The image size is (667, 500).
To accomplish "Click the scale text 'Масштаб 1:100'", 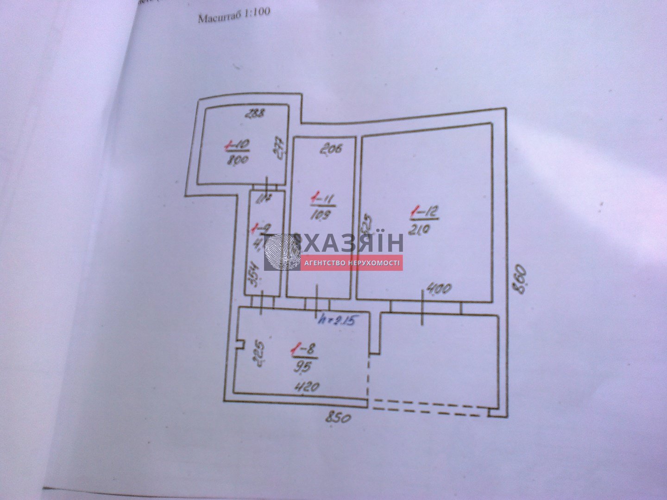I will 233,17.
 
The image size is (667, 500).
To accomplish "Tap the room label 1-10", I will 238,146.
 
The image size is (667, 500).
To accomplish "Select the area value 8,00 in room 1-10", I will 238,160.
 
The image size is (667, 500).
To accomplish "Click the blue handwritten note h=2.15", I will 337,320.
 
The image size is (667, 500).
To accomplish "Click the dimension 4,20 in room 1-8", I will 308,387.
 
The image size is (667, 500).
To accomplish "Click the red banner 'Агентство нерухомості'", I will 352,263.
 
